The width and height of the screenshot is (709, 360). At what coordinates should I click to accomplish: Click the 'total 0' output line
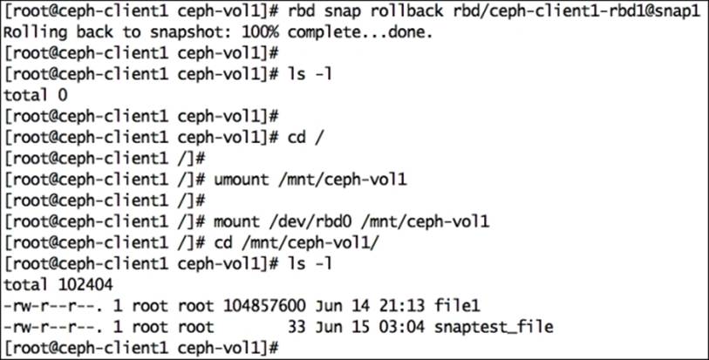36,93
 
